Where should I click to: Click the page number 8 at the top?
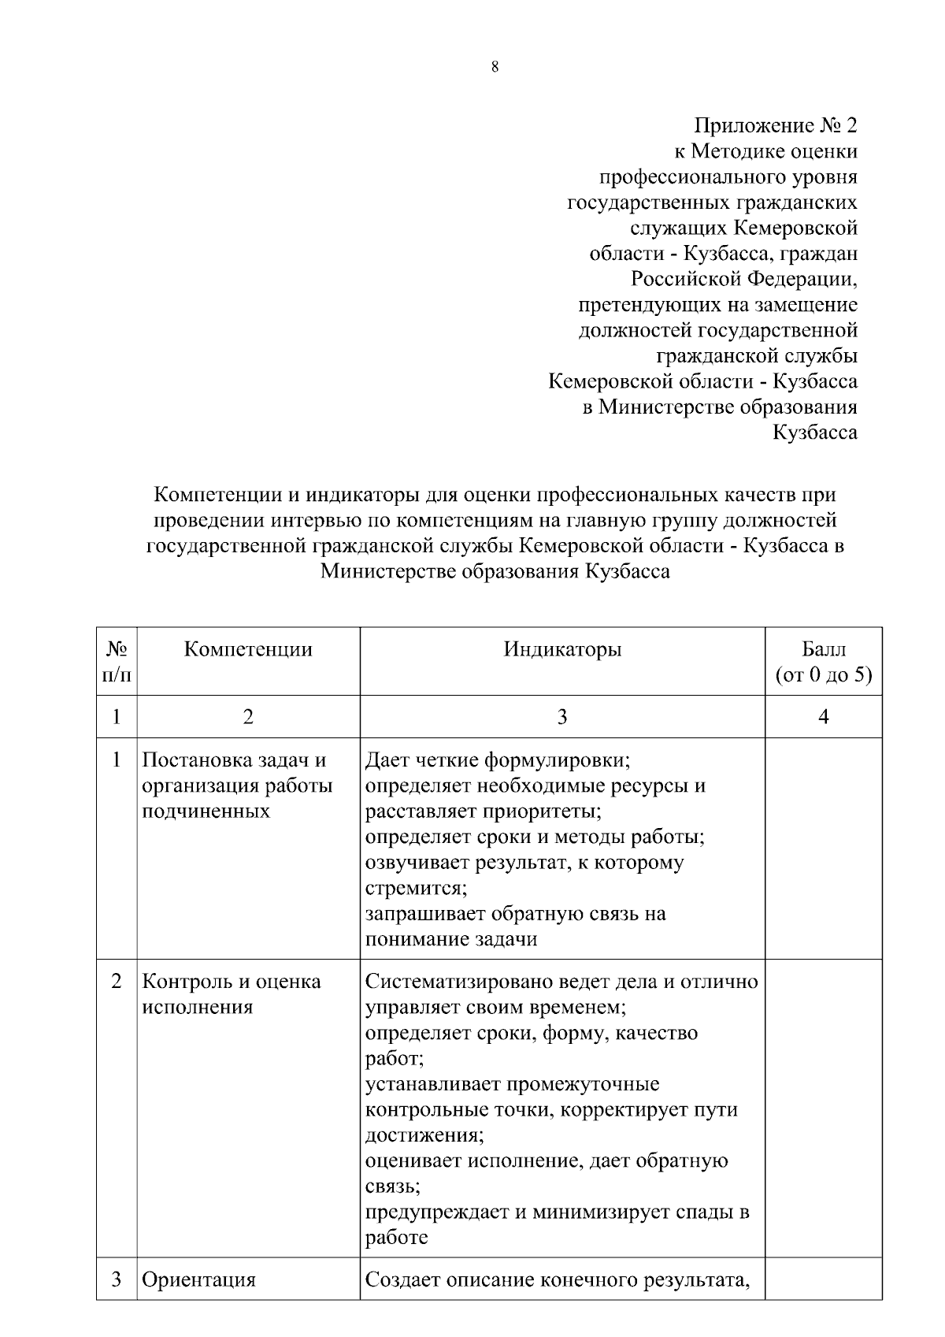click(495, 67)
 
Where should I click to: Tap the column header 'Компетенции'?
click(248, 649)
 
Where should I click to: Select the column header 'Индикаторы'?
click(562, 649)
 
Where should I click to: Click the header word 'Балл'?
click(824, 649)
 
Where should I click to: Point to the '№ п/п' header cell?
click(117, 661)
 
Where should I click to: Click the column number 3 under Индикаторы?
click(562, 717)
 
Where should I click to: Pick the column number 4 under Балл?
click(824, 717)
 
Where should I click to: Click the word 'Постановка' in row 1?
click(198, 760)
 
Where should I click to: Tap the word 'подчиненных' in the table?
click(206, 811)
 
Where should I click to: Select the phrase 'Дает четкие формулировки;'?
click(498, 760)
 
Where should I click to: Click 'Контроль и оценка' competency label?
click(232, 982)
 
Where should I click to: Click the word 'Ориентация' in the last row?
click(198, 1279)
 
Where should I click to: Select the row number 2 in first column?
click(117, 982)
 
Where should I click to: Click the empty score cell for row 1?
click(824, 847)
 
